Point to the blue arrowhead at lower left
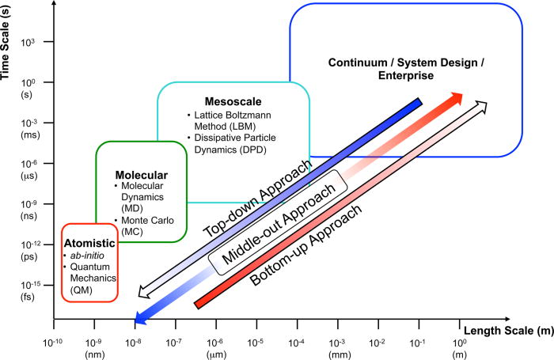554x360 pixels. [x=140, y=318]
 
